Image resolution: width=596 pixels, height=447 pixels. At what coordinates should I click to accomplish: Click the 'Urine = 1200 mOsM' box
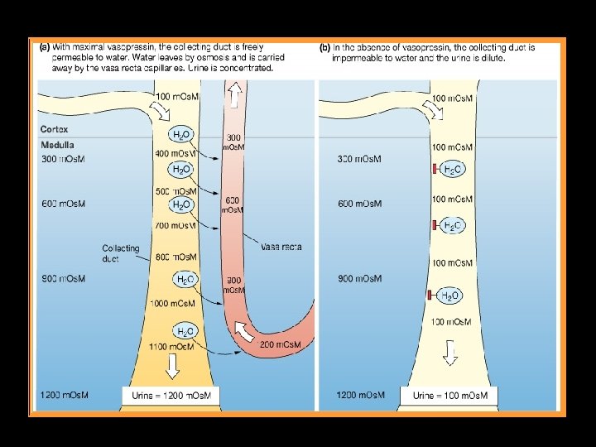click(171, 396)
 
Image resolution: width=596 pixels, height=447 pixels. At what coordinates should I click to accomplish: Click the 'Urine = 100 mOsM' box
click(450, 396)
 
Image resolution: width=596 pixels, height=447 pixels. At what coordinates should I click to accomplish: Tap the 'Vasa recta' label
click(281, 246)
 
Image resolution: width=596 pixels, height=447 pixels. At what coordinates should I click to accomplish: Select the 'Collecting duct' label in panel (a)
click(121, 253)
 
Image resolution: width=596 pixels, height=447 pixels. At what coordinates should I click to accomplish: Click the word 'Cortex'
click(54, 129)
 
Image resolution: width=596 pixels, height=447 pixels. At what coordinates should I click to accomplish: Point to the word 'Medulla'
click(56, 146)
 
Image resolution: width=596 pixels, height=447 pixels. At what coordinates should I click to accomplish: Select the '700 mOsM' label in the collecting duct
click(175, 224)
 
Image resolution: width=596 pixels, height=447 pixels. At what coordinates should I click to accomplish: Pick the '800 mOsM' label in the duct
click(175, 257)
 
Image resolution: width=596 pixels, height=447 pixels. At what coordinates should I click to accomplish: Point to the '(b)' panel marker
click(324, 47)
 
